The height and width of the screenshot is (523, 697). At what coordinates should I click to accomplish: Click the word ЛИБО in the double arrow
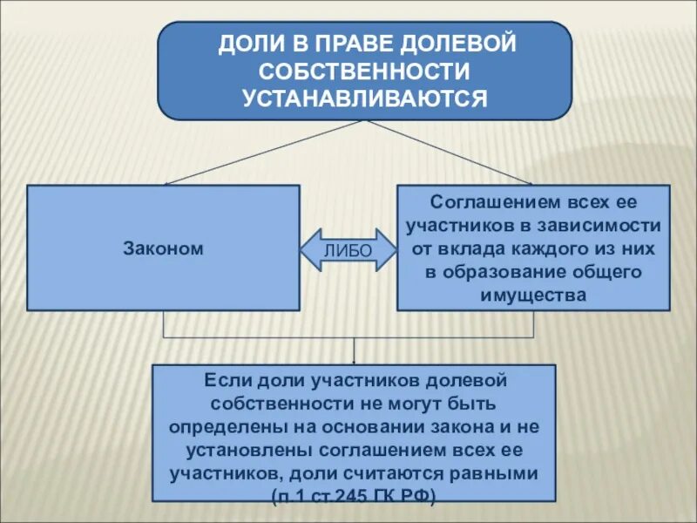click(348, 251)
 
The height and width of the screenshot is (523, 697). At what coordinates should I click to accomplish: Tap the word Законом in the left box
click(163, 248)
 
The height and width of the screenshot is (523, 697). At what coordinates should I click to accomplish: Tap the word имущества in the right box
click(533, 295)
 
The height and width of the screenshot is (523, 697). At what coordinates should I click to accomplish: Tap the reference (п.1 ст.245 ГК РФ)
click(353, 495)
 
